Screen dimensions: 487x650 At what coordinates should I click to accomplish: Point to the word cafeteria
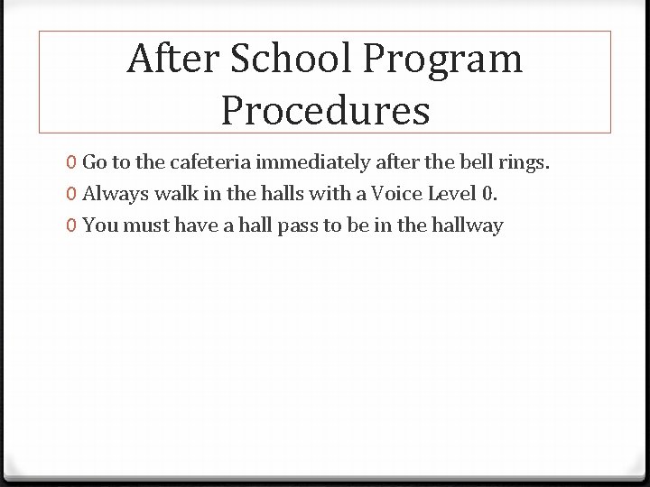(202, 163)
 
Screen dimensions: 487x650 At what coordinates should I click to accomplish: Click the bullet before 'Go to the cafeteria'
(70, 163)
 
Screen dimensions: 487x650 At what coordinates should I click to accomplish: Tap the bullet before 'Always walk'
(70, 195)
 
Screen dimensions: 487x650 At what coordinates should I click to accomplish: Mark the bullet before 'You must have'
(70, 225)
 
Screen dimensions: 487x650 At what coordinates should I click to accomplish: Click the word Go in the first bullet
(95, 163)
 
